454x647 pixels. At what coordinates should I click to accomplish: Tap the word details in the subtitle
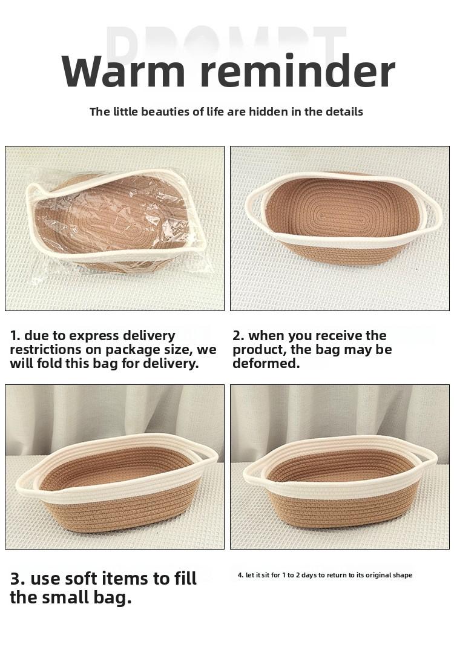pyautogui.click(x=343, y=111)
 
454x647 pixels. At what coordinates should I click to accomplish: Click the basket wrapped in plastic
pyautogui.click(x=115, y=221)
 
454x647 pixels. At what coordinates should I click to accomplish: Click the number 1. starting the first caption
pyautogui.click(x=15, y=336)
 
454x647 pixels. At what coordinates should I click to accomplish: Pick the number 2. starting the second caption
pyautogui.click(x=238, y=336)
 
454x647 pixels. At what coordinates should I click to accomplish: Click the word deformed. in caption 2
pyautogui.click(x=266, y=364)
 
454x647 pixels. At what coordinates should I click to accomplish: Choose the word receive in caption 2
pyautogui.click(x=338, y=336)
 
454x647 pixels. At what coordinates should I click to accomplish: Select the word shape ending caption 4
pyautogui.click(x=403, y=575)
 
